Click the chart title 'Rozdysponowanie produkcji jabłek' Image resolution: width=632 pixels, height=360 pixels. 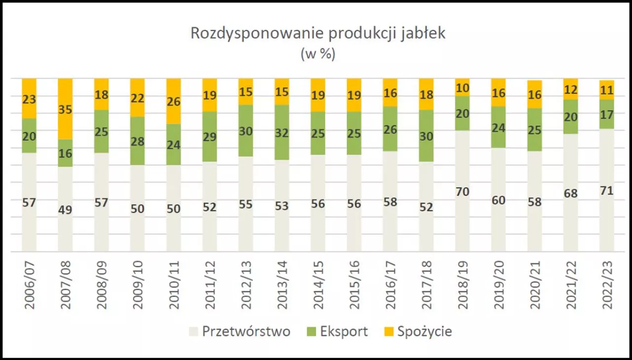[318, 34]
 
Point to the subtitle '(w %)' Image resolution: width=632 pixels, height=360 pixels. [318, 54]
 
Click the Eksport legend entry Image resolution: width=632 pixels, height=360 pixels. [338, 331]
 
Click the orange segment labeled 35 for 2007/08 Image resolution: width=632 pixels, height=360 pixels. [65, 109]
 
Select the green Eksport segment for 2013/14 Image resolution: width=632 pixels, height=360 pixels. [282, 132]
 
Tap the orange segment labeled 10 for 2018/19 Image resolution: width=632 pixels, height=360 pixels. [462, 87]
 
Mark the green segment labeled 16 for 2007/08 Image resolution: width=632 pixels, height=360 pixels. [65, 153]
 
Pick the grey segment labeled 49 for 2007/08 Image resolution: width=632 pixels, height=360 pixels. [65, 209]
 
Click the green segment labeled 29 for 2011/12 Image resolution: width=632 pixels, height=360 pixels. [210, 137]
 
